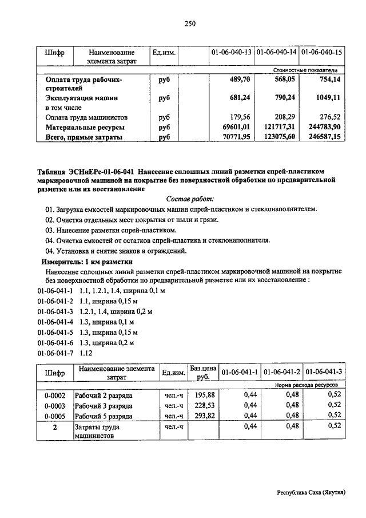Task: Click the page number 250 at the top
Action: point(190,23)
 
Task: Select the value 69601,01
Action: point(237,128)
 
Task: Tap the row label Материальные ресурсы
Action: point(85,128)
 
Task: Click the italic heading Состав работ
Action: point(190,199)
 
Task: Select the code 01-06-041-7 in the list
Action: point(55,353)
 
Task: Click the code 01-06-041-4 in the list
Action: point(55,322)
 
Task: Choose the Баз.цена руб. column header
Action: point(202,372)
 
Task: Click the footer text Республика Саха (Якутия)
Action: point(311,492)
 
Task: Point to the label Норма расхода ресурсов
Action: point(306,386)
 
